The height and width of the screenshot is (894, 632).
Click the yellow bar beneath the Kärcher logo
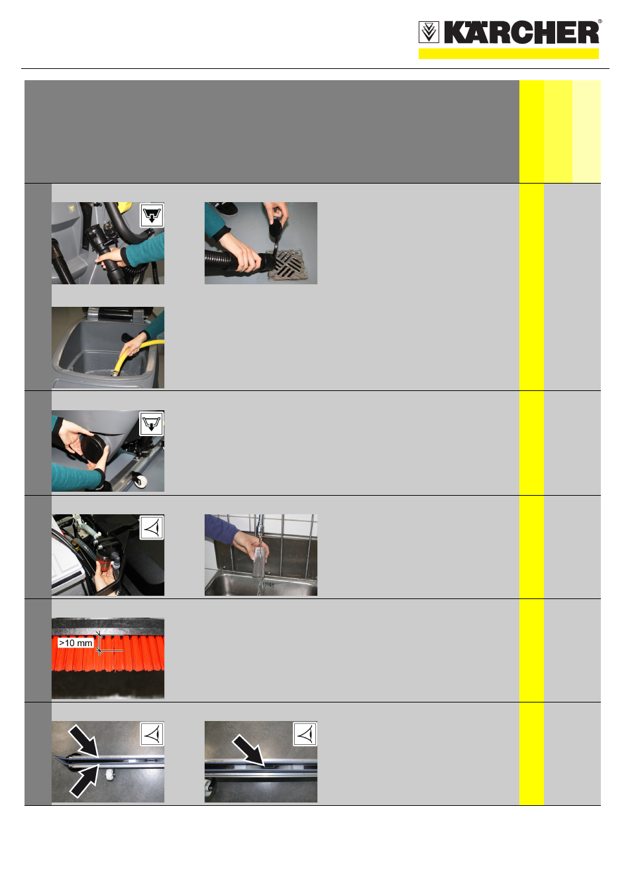tap(508, 54)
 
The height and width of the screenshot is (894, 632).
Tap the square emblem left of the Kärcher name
tap(429, 32)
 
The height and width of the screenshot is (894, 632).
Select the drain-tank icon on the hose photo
tap(152, 215)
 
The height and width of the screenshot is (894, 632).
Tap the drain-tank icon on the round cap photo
tap(152, 423)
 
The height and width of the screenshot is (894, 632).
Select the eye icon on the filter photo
tap(152, 528)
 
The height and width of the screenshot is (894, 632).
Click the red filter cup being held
tap(105, 559)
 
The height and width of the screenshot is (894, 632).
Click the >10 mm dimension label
tap(76, 643)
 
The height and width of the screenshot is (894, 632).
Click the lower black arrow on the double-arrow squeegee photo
tap(84, 780)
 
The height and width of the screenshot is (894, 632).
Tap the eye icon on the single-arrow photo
tap(305, 734)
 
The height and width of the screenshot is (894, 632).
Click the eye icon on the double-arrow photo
tap(152, 734)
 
